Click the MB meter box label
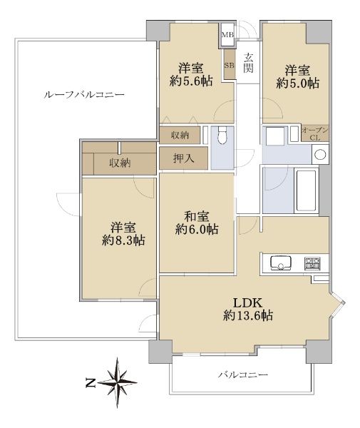coord(228,35)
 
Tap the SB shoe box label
coord(229,65)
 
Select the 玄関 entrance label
coord(249,63)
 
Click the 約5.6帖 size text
coord(191,81)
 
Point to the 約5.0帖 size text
coord(297,83)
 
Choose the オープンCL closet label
coord(315,133)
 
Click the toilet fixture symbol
coord(222,136)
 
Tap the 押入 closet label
coord(184,158)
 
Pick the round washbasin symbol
coord(320,155)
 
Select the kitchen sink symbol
coord(281,263)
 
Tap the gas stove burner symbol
coord(312,263)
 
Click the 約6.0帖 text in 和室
coord(197,229)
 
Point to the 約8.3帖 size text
coord(123,240)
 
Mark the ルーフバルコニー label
coord(84,95)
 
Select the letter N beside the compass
coord(91,383)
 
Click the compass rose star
coord(118,382)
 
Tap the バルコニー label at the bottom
coord(242,374)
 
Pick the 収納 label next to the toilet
coord(180,135)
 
